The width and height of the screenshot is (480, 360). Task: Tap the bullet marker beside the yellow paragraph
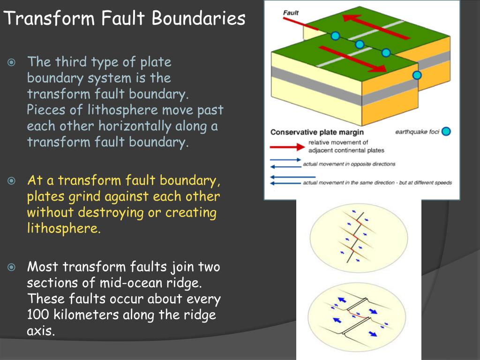pyautogui.click(x=12, y=180)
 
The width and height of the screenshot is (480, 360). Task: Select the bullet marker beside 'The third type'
pyautogui.click(x=12, y=62)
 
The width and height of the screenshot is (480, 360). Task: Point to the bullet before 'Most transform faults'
pyautogui.click(x=12, y=268)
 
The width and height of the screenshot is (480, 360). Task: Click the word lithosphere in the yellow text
pyautogui.click(x=63, y=229)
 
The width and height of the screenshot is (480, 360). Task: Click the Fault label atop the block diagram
pyautogui.click(x=291, y=13)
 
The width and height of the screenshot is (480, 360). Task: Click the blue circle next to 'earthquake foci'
pyautogui.click(x=446, y=132)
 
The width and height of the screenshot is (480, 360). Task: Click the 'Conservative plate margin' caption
pyautogui.click(x=317, y=132)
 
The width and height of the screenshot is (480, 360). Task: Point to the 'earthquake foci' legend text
pyautogui.click(x=417, y=132)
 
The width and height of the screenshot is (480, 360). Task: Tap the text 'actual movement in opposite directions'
pyautogui.click(x=349, y=164)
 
